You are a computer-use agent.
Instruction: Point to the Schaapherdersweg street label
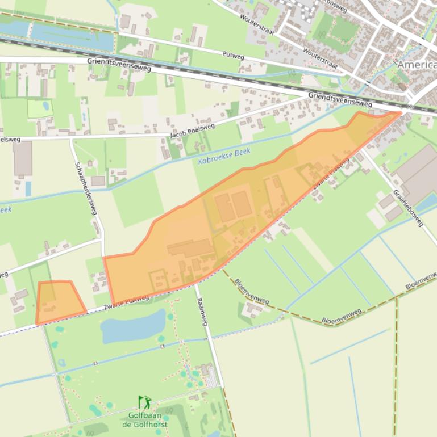[x=85, y=188]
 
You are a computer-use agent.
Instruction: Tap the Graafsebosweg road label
[x=408, y=208]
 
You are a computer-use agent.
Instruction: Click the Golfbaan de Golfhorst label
[x=145, y=419]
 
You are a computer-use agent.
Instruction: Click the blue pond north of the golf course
[x=132, y=327]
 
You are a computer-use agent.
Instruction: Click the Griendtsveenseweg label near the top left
[x=119, y=65]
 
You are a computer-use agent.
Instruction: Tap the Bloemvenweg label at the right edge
[x=421, y=283]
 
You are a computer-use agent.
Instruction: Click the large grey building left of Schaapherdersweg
[x=23, y=158]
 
